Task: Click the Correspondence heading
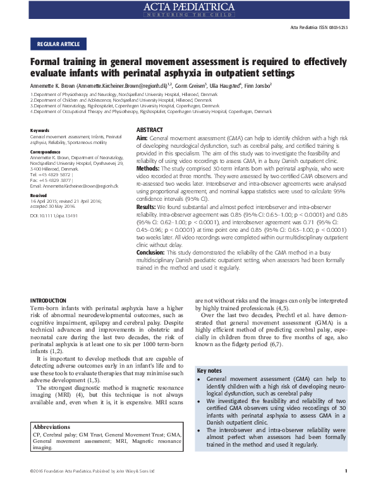click(x=46, y=152)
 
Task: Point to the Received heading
click(x=39, y=196)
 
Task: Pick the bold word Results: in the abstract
click(x=147, y=207)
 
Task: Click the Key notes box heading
click(x=210, y=370)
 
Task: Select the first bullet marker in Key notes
click(x=200, y=379)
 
